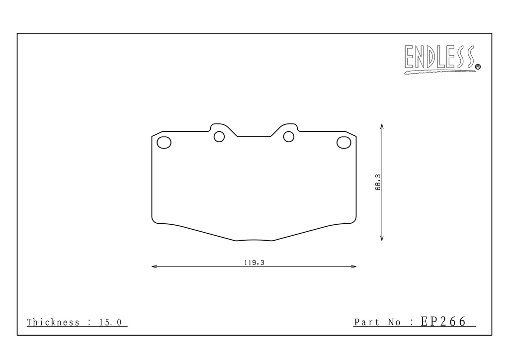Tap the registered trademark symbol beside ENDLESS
coord(478,67)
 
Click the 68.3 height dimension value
coord(378,182)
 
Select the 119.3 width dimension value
coord(254,263)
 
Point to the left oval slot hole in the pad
coord(164,143)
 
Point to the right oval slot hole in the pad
coord(344,142)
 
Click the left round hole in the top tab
coord(219,137)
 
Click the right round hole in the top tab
coord(289,137)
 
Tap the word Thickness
coord(53,322)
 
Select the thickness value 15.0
coord(110,322)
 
